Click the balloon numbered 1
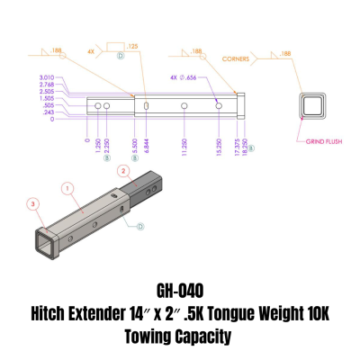[67, 188]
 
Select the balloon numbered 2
[123, 170]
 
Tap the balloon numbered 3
[34, 205]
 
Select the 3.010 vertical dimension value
[47, 77]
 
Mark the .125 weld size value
[133, 44]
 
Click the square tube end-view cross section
[313, 110]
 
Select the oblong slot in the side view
[143, 107]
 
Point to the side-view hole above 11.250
[184, 107]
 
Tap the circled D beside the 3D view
[139, 228]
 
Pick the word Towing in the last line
[152, 337]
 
